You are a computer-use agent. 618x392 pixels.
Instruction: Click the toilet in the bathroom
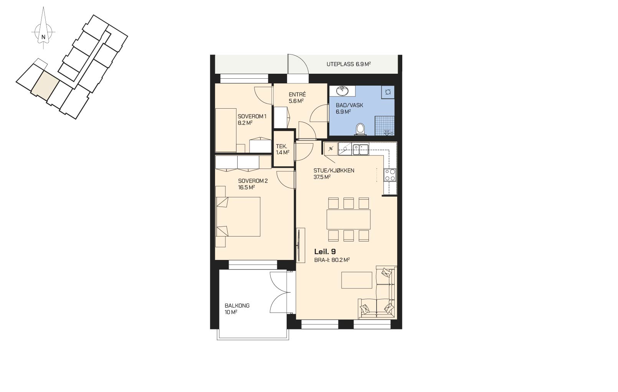tap(360, 129)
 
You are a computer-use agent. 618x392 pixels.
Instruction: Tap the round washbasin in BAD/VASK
tap(342, 91)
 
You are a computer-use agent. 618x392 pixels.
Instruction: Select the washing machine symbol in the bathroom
tap(388, 92)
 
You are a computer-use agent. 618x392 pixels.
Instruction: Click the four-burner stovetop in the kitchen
tap(390, 175)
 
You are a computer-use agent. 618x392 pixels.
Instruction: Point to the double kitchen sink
tap(360, 149)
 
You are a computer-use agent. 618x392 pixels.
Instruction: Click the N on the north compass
tap(43, 37)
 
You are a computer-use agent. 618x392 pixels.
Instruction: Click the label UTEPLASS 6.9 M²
tap(349, 64)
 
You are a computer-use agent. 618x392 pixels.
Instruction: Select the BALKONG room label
tap(237, 305)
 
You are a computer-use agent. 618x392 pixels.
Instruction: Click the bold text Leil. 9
tap(325, 251)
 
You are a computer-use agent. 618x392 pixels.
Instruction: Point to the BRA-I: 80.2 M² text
tap(332, 260)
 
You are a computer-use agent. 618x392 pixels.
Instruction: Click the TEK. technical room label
tap(281, 147)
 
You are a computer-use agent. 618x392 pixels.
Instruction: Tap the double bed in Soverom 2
tap(238, 217)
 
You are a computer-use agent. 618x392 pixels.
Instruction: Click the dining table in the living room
tap(349, 219)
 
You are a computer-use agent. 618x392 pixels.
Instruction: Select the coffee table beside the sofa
tap(357, 280)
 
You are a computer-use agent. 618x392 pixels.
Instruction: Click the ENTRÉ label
tap(297, 94)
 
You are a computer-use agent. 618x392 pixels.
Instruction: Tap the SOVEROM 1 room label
tap(252, 116)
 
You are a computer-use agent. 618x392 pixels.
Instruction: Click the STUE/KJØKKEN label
tap(334, 170)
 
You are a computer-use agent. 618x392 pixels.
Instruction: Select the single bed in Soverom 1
tap(226, 130)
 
